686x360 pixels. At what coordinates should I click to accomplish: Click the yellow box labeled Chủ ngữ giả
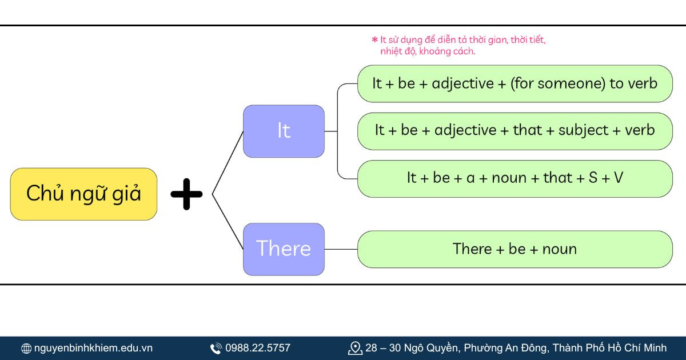[83, 194]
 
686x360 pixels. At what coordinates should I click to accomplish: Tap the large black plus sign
[186, 194]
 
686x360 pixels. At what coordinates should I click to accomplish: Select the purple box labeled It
[284, 131]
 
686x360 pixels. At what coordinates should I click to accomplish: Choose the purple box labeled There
[284, 249]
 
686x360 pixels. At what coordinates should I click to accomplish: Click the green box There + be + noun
[514, 249]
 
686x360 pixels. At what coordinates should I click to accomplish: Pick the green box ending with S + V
[514, 178]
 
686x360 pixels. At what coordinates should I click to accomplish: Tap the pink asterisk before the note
[374, 40]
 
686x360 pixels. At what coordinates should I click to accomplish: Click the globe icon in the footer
[26, 348]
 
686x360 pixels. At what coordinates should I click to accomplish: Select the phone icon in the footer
[216, 348]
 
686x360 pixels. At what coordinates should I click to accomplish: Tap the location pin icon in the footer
[355, 348]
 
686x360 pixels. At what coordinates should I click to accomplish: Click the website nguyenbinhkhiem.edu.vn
[93, 348]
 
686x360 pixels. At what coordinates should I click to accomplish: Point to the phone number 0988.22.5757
[258, 348]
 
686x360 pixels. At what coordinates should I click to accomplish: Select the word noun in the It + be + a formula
[509, 178]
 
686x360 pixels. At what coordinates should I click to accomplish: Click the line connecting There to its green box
[341, 249]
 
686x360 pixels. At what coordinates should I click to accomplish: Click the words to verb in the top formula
[633, 83]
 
